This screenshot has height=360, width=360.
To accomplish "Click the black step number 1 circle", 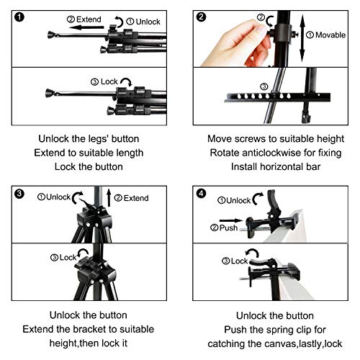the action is [x=19, y=17].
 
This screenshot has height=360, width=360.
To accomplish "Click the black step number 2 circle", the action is [x=201, y=17].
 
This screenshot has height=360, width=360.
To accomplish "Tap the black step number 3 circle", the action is [x=19, y=194].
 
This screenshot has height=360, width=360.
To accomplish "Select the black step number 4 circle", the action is [x=201, y=194].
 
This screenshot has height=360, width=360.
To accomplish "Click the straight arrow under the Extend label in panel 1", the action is [x=86, y=27].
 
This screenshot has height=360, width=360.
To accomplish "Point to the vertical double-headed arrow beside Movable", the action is [x=302, y=38].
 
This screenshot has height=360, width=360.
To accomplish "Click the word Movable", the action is [x=330, y=35].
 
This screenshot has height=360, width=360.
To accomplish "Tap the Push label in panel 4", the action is [x=228, y=228].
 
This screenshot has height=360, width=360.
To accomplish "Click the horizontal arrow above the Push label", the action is [x=231, y=220].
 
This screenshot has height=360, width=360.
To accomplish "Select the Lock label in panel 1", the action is [x=109, y=81].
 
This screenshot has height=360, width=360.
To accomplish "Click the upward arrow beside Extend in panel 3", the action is [x=109, y=198].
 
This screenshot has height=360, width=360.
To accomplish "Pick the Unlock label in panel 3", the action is [x=58, y=197].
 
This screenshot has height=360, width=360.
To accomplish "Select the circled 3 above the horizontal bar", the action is [x=264, y=86].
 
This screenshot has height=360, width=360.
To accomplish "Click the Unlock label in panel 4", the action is [x=238, y=200].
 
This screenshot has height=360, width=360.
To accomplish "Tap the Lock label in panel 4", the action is [x=239, y=261].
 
